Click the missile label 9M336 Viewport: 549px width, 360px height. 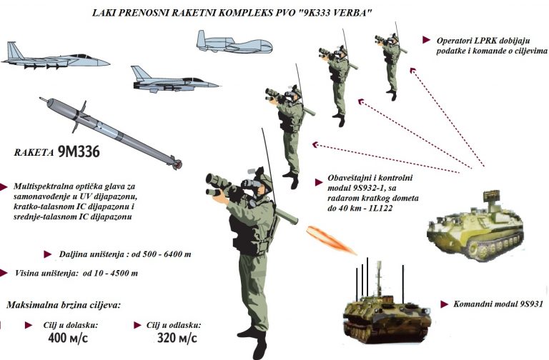(x=79, y=151)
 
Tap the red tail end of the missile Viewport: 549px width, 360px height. (x=178, y=164)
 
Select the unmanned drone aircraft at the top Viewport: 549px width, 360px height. (x=234, y=43)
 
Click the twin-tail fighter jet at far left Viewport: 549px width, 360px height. (x=55, y=57)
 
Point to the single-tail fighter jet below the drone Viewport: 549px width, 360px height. (x=174, y=81)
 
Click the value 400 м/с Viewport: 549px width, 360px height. (x=68, y=339)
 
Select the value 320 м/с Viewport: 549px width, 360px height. (x=177, y=339)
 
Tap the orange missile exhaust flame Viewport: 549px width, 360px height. (x=331, y=240)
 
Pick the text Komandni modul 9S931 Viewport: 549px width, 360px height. (x=498, y=304)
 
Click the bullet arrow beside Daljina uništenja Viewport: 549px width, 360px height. (x=48, y=254)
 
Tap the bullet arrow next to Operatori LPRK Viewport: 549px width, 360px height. (x=426, y=40)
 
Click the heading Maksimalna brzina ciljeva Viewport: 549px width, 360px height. (x=64, y=305)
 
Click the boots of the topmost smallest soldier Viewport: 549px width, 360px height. (x=392, y=94)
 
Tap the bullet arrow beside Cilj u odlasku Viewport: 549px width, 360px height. (x=137, y=326)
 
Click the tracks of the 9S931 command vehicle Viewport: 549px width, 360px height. (x=386, y=331)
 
